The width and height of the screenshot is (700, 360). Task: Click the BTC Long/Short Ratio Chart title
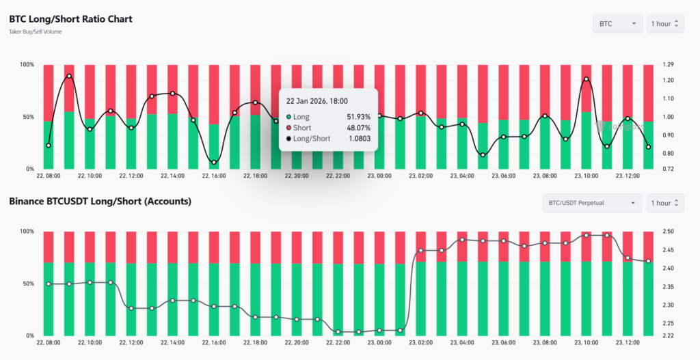tap(70, 19)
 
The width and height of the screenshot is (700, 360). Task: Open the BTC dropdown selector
tap(617, 24)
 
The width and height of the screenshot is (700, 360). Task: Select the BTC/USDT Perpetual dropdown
tap(592, 203)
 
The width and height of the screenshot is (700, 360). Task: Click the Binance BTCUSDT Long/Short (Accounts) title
tap(100, 202)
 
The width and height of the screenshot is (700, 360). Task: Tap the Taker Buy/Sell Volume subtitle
tap(36, 32)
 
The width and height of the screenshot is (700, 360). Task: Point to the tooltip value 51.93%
tap(359, 117)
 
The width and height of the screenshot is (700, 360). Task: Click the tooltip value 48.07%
tap(359, 128)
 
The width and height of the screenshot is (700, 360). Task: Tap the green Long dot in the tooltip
tap(289, 117)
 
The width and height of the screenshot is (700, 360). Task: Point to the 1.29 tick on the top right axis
tap(668, 65)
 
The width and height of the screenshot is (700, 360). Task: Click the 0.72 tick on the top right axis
tap(668, 169)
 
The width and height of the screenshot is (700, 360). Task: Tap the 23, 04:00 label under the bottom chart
tap(463, 342)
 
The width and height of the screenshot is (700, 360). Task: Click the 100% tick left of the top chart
tap(26, 65)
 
